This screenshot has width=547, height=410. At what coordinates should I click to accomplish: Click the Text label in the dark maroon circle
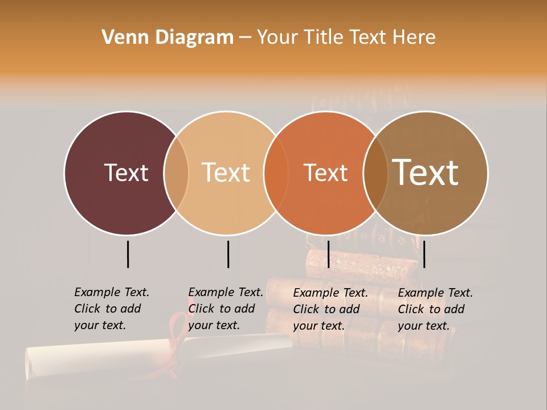tap(126, 173)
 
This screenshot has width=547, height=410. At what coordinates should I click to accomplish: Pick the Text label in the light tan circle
tap(226, 173)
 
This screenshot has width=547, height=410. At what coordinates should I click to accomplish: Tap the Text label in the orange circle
tap(325, 173)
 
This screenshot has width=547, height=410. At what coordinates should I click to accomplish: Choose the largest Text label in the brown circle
tap(426, 173)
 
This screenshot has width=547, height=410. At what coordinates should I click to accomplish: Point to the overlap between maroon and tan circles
tap(176, 173)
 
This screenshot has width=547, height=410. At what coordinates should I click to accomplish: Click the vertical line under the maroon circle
tap(128, 254)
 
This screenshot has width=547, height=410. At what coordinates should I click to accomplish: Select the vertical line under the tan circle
tap(228, 254)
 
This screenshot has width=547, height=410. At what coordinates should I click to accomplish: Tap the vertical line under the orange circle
tap(328, 254)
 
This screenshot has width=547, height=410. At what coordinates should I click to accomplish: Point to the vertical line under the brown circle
tap(424, 254)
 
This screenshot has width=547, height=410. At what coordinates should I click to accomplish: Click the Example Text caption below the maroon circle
tap(111, 309)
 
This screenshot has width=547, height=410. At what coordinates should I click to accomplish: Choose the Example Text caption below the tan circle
tap(225, 309)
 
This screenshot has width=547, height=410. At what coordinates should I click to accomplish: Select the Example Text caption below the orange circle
tap(330, 309)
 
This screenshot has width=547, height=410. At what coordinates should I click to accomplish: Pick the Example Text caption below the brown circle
tap(435, 309)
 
